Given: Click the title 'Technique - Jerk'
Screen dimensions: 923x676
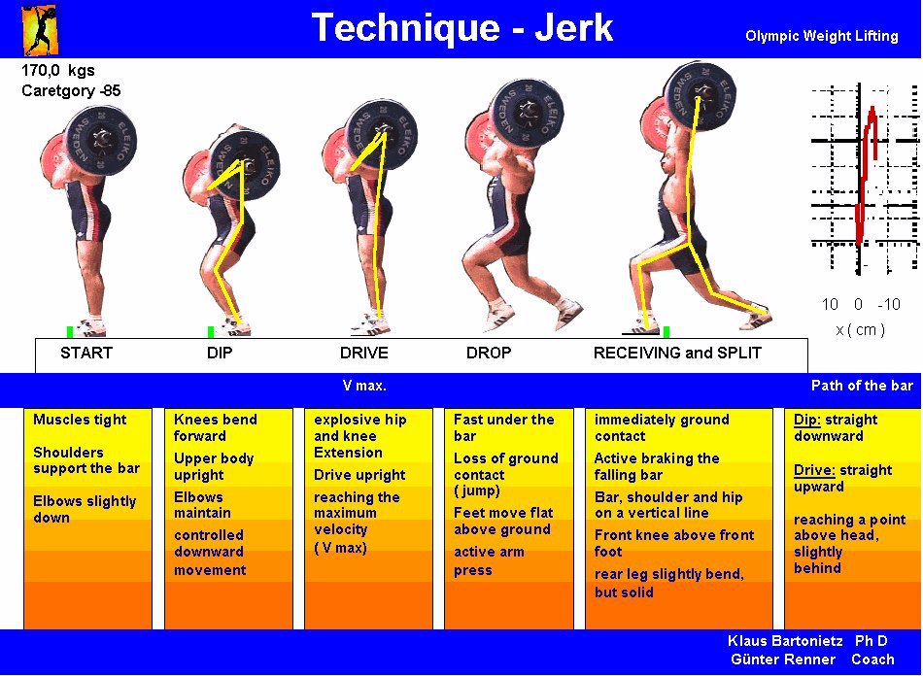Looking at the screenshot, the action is click(462, 27).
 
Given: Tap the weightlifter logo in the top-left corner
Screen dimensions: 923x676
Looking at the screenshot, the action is click(40, 29).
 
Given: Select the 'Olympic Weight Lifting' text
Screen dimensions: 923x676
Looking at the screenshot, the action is click(822, 36).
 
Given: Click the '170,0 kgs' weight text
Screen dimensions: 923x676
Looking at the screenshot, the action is click(57, 71).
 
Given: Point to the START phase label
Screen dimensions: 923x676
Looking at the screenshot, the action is click(86, 353).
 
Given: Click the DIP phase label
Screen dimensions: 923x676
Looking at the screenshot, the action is click(220, 353).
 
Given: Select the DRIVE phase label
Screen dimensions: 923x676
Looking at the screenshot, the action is click(363, 353).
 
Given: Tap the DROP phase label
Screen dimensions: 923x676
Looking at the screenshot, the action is click(489, 353).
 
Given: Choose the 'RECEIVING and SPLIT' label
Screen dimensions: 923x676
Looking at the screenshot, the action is click(677, 353).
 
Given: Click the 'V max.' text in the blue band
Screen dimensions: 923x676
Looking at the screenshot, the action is click(364, 386).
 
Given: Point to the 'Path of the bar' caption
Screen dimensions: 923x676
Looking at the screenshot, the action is click(862, 386).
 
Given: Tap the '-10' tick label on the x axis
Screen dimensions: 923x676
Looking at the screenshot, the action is click(889, 304).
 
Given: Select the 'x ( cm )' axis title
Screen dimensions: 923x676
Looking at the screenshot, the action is click(860, 329).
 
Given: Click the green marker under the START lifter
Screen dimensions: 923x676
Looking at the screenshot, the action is click(69, 332).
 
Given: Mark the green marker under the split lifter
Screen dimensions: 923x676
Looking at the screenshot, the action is click(667, 332).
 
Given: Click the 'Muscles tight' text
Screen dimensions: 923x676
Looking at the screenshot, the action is click(80, 421).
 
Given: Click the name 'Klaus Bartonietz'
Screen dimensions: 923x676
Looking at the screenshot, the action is click(785, 641).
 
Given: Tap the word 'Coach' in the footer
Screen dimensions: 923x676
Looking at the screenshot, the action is click(872, 659).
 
